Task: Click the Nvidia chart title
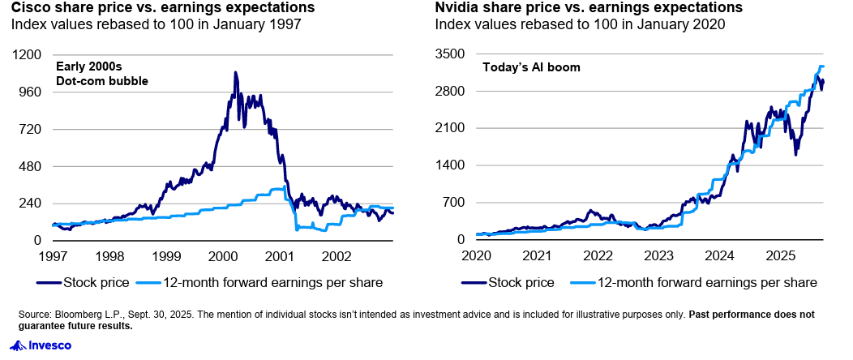[589, 8]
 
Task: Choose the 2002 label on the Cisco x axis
[336, 256]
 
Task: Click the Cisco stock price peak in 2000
[235, 73]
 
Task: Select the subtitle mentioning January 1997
[156, 24]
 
